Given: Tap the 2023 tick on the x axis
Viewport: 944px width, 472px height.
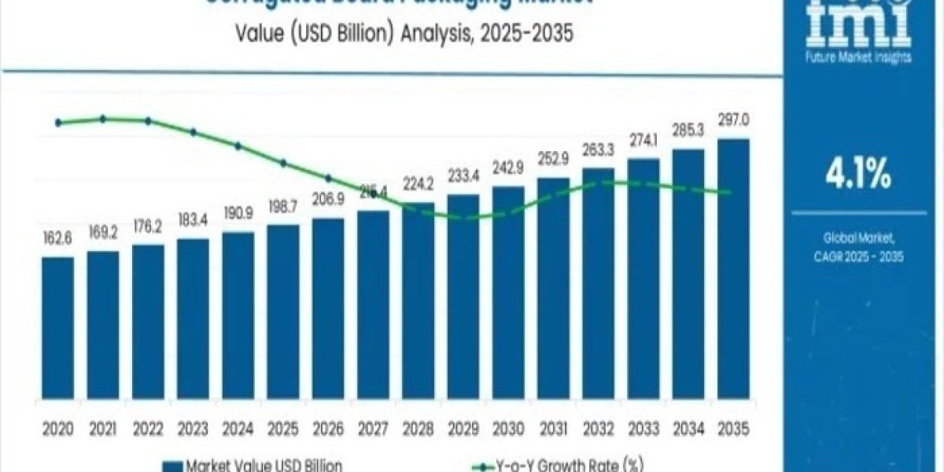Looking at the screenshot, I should (193, 430).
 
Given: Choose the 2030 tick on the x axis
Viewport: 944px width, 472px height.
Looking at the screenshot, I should (508, 430).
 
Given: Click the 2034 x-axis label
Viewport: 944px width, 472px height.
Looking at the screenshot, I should (688, 430).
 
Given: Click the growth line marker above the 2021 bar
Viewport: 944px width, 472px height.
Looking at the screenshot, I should (103, 119).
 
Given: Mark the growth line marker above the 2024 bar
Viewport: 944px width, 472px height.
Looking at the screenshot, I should (238, 146).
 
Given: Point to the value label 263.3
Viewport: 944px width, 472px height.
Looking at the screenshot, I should (598, 150).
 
